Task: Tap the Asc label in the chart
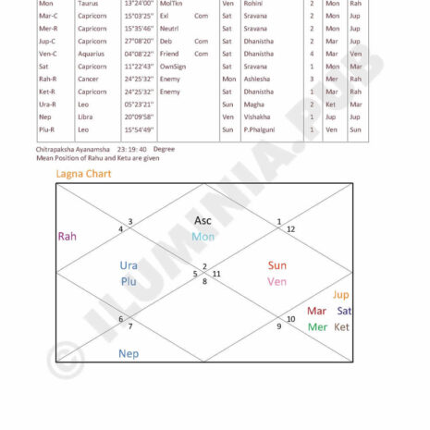pyautogui.click(x=203, y=220)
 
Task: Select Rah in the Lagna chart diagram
pyautogui.click(x=67, y=237)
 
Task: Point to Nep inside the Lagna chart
pyautogui.click(x=129, y=353)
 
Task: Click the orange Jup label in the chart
pyautogui.click(x=341, y=295)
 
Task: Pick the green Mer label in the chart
pyautogui.click(x=317, y=326)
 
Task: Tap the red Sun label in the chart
pyautogui.click(x=277, y=265)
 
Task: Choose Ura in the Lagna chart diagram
pyautogui.click(x=129, y=265)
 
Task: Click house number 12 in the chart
pyautogui.click(x=290, y=229)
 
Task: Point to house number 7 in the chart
pyautogui.click(x=129, y=326)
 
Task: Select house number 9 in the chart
pyautogui.click(x=278, y=326)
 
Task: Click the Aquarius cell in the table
pyautogui.click(x=92, y=54)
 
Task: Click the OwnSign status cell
pyautogui.click(x=172, y=67)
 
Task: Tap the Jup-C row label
pyautogui.click(x=22, y=41)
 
